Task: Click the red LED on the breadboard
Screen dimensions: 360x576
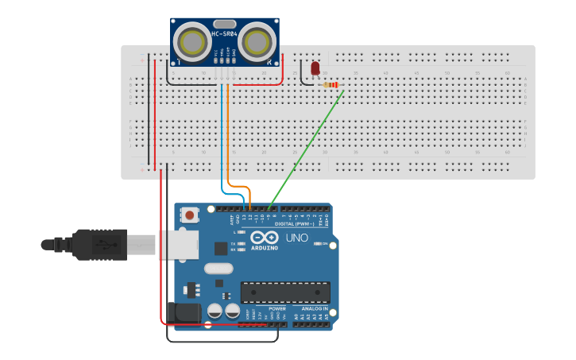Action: click(x=315, y=69)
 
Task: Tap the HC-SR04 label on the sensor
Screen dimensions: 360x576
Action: click(x=224, y=34)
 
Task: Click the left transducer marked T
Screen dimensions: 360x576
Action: click(x=192, y=41)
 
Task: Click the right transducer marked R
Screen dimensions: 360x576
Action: click(x=257, y=41)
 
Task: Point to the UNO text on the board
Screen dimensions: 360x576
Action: click(x=296, y=238)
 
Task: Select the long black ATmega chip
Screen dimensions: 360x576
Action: click(x=284, y=292)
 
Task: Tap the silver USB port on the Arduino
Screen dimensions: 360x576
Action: click(x=177, y=245)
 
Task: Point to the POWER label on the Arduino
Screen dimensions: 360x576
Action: click(x=277, y=308)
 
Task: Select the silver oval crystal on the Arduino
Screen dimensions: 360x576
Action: click(x=218, y=268)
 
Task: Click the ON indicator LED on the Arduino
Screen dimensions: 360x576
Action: click(x=317, y=243)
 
